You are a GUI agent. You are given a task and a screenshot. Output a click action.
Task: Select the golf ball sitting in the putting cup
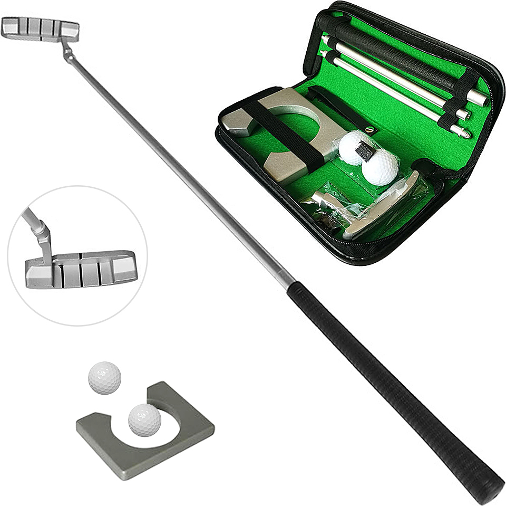click(144, 419)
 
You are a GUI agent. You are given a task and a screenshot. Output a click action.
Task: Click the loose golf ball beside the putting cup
click(104, 377)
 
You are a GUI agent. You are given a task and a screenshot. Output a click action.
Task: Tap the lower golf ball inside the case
click(380, 169)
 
